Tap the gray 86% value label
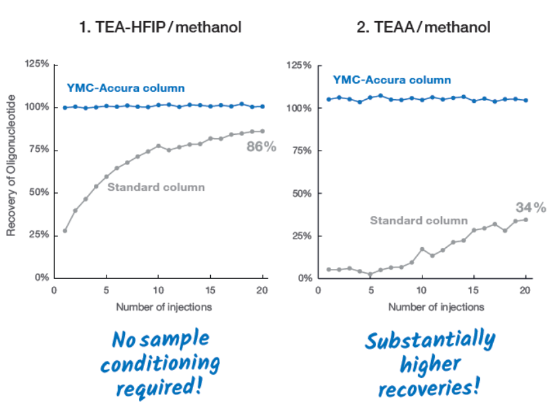(261, 147)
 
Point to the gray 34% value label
(531, 207)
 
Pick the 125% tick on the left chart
(36, 64)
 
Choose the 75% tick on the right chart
(299, 151)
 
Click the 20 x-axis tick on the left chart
(263, 290)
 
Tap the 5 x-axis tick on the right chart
(371, 291)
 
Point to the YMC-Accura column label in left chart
(126, 88)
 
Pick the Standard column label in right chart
(418, 220)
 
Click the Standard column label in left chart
(156, 187)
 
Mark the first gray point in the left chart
(65, 231)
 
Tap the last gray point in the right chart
(526, 219)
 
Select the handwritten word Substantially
(430, 342)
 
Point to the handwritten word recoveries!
(428, 386)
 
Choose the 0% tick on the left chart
(40, 278)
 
